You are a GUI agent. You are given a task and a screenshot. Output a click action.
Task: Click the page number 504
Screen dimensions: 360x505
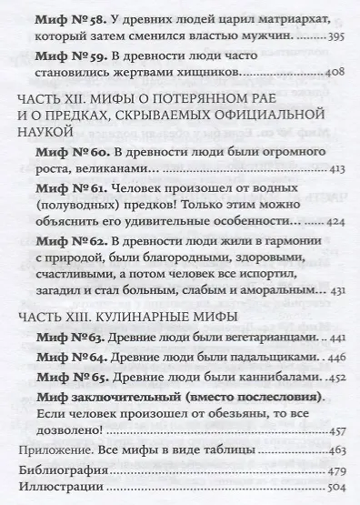[x=336, y=497]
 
